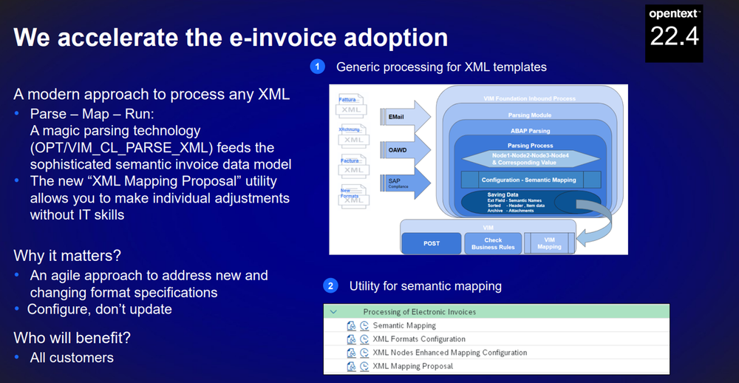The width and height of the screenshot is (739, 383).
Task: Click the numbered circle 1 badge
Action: (x=318, y=67)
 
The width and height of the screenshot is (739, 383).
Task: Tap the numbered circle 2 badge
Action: (x=331, y=285)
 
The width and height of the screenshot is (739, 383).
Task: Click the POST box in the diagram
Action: (x=432, y=243)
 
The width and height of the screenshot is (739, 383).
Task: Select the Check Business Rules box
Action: (x=493, y=243)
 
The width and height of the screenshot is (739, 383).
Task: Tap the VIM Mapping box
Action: (x=549, y=243)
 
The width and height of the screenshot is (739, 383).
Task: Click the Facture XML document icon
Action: (x=352, y=166)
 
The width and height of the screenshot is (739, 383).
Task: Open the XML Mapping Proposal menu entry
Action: (x=412, y=366)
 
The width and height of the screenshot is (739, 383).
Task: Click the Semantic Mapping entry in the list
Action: (x=404, y=325)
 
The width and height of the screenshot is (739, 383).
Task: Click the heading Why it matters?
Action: (x=67, y=256)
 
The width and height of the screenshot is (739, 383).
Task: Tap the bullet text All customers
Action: (x=72, y=358)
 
